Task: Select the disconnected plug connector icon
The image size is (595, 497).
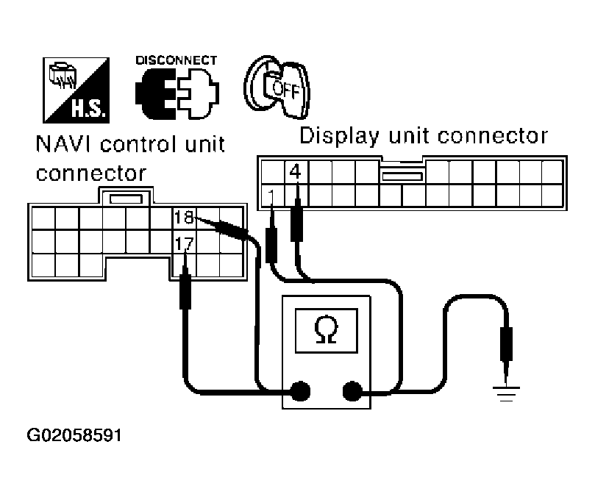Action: tap(176, 93)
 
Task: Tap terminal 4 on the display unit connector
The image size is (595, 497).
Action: tap(296, 173)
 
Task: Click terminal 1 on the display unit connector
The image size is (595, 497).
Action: tap(272, 196)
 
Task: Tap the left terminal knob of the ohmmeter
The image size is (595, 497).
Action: tap(300, 390)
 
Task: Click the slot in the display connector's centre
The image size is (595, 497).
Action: tap(402, 176)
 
